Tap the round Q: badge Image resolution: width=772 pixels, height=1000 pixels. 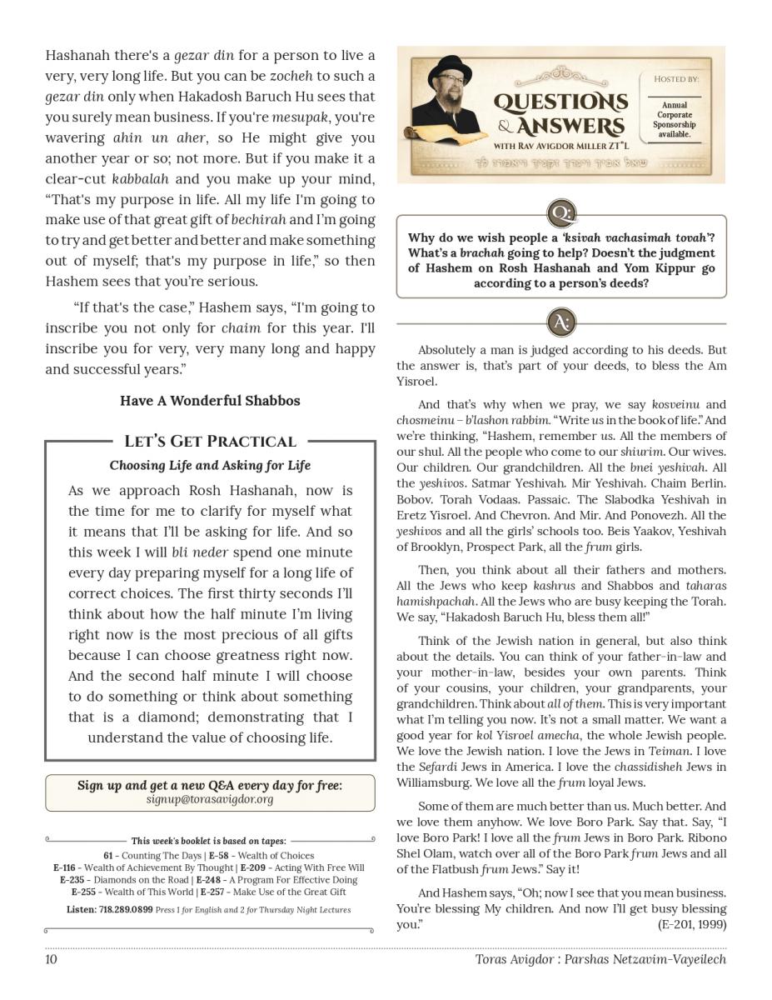click(x=561, y=213)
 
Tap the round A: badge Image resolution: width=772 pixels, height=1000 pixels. click(x=561, y=322)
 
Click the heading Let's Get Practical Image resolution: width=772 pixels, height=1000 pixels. click(x=210, y=442)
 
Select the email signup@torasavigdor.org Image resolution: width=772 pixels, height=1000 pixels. click(x=210, y=800)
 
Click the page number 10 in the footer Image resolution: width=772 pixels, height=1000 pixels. click(x=52, y=959)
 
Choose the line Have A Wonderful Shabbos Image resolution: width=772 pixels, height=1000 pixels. click(x=210, y=401)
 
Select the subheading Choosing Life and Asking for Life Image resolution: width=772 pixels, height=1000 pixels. click(x=210, y=465)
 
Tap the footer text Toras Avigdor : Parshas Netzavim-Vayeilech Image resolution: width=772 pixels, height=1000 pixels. click(x=600, y=959)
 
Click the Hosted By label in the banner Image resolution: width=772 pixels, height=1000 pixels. click(x=675, y=79)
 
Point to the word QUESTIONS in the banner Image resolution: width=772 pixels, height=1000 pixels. click(x=560, y=103)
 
